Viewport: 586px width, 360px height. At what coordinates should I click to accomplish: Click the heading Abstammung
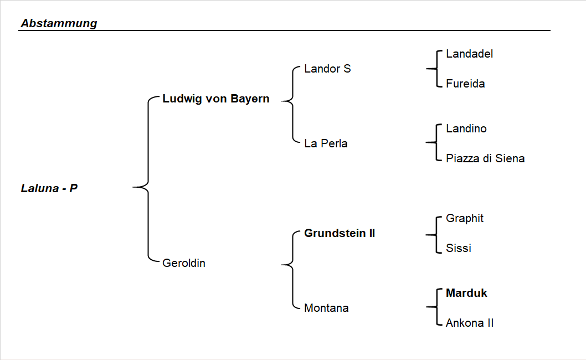[x=59, y=23]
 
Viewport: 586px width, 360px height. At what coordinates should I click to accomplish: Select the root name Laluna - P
[x=49, y=188]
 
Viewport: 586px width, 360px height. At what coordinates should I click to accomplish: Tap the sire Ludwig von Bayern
[x=215, y=99]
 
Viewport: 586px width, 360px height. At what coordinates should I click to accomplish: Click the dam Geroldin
[x=183, y=263]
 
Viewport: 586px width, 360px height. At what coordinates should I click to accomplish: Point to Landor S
[x=327, y=69]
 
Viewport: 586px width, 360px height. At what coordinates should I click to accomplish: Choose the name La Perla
[x=326, y=143]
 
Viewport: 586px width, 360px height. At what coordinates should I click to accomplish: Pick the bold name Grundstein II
[x=340, y=233]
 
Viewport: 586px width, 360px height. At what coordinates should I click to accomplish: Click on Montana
[x=326, y=308]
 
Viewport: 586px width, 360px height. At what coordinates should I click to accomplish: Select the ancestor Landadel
[x=469, y=54]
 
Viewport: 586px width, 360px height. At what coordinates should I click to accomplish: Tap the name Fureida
[x=465, y=84]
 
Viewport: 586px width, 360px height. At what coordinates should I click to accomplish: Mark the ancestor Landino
[x=466, y=128]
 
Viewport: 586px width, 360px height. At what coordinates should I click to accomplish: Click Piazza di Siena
[x=485, y=158]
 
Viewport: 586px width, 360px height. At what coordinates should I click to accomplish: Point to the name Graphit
[x=464, y=218]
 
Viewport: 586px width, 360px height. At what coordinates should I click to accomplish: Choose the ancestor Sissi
[x=458, y=248]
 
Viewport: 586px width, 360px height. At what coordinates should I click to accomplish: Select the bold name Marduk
[x=466, y=293]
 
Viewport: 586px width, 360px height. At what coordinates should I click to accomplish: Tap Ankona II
[x=469, y=323]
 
